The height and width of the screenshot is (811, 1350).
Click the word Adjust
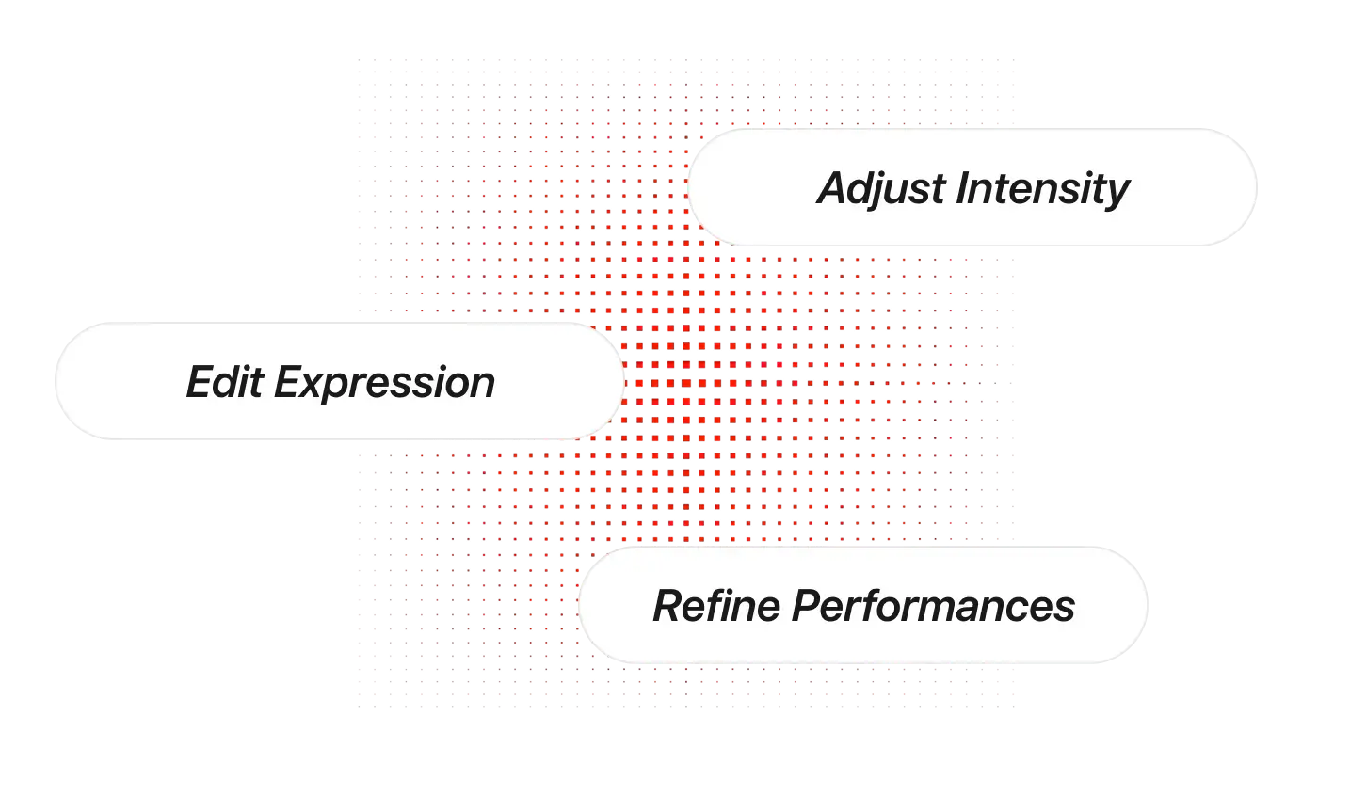point(881,190)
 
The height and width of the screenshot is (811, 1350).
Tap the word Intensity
point(1043,190)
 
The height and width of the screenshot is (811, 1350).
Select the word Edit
point(225,381)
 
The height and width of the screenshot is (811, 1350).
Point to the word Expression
point(384,384)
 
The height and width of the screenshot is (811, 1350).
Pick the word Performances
point(933,606)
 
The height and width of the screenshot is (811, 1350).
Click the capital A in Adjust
point(835,188)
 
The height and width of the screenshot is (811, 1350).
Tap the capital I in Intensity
point(963,188)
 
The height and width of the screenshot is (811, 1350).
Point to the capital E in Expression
point(289,382)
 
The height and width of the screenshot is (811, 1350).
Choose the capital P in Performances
point(807,606)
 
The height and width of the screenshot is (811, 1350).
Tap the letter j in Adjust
point(886,192)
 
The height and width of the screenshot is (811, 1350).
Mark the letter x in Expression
point(315,387)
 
